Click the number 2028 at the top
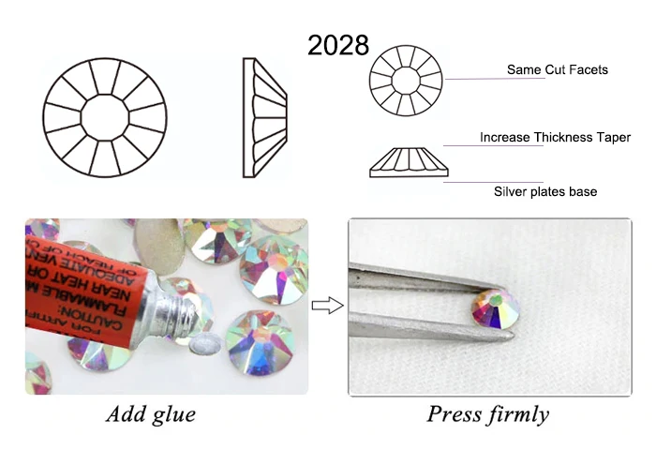point(338,44)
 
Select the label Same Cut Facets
point(557,69)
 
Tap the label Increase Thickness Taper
point(555,137)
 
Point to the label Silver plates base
point(545,191)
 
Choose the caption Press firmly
point(487,413)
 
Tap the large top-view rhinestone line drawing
point(105,115)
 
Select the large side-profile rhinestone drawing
point(264,117)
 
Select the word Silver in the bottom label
point(511,191)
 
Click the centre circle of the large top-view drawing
point(105,115)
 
